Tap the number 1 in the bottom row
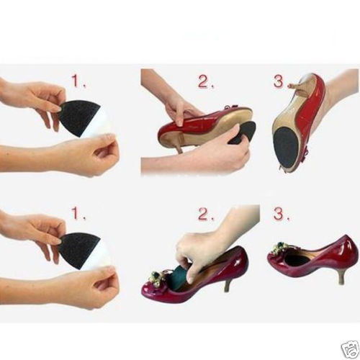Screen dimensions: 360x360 click(77, 212)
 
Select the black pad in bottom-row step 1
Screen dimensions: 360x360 click(74, 251)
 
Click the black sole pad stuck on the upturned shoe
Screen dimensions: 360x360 click(288, 148)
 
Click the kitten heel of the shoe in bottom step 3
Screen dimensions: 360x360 click(342, 276)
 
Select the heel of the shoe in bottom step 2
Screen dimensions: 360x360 click(228, 282)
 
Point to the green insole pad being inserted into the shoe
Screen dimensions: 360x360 click(182, 276)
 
